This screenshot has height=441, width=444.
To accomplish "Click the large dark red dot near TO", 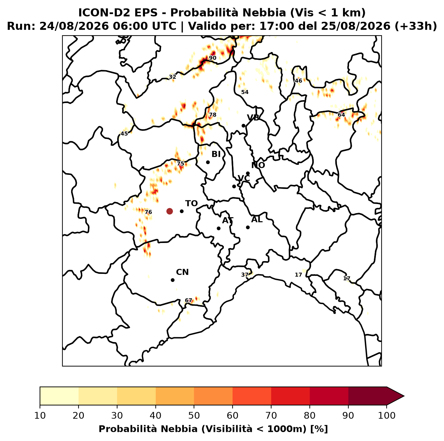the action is point(169,211).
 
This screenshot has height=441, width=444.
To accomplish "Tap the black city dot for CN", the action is point(172,280).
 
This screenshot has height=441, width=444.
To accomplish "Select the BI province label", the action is point(216,154).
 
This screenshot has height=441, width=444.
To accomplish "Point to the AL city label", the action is point(257,219).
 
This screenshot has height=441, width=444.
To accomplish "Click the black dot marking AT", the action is point(219,229).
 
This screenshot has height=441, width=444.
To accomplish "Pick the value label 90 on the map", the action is point(212,58).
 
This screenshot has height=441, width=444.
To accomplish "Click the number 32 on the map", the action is point(172,77).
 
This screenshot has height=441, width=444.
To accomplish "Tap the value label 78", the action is point(212,115).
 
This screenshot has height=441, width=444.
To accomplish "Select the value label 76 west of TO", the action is point(148,212).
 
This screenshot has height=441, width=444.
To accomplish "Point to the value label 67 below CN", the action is point(189,301).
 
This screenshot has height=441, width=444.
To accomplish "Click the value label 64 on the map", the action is point(341,115).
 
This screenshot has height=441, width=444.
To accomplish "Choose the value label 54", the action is point(245,92).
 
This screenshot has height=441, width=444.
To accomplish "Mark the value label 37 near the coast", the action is point(245,275).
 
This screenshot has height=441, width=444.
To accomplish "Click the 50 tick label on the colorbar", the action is point(194,415).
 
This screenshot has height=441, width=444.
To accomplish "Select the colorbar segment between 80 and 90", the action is point(329,396).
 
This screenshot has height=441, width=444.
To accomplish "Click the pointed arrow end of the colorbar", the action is point(404,396).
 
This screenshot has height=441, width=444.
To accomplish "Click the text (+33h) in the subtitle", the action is point(416,26).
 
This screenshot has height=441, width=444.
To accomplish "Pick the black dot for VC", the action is point(234,186).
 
